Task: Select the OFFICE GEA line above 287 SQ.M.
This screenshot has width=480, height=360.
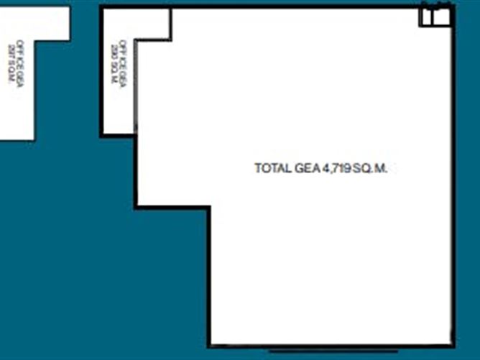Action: coord(20,64)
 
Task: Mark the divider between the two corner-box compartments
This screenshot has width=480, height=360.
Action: coord(433,17)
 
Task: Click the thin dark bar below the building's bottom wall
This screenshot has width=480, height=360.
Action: coord(309,351)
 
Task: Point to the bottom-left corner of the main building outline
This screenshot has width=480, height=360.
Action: coord(210,346)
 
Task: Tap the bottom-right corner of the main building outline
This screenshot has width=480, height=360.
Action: coord(453,346)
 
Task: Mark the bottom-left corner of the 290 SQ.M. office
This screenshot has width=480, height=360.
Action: coord(103,134)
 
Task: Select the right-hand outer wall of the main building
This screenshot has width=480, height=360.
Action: coord(453,180)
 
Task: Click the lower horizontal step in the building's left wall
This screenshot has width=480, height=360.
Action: coord(172,207)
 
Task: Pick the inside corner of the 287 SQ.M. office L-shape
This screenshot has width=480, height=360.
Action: coord(34,40)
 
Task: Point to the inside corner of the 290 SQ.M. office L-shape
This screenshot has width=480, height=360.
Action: coord(137,40)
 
